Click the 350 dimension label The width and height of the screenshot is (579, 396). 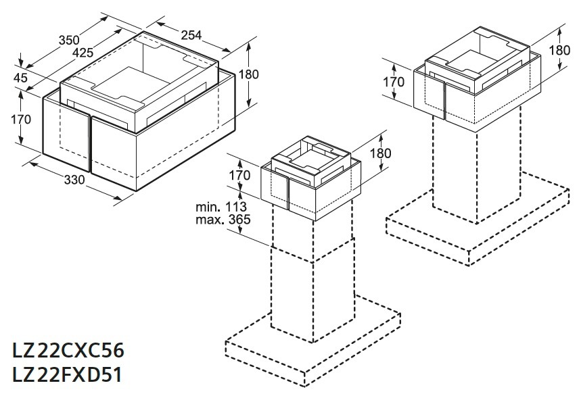[x=69, y=40]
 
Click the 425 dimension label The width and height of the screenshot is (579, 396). [x=83, y=53]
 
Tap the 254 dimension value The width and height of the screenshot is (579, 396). [x=191, y=35]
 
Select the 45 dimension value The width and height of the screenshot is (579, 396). [x=20, y=78]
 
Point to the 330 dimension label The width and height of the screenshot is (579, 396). [x=74, y=180]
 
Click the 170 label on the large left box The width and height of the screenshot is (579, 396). [x=21, y=120]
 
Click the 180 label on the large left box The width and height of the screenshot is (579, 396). [x=248, y=74]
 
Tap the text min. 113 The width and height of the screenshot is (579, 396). [x=221, y=207]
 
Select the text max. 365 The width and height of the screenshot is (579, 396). [x=223, y=220]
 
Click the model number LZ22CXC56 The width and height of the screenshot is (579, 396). [x=68, y=350]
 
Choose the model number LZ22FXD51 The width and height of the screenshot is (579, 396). [x=67, y=375]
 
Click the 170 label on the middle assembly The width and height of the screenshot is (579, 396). [x=239, y=175]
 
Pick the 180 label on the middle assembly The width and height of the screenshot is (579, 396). [x=380, y=153]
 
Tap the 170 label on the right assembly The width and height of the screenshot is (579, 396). [x=394, y=82]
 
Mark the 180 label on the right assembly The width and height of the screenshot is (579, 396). [x=559, y=50]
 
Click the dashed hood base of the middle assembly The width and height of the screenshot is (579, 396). [x=312, y=339]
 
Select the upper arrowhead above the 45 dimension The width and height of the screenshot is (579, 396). [x=22, y=63]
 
